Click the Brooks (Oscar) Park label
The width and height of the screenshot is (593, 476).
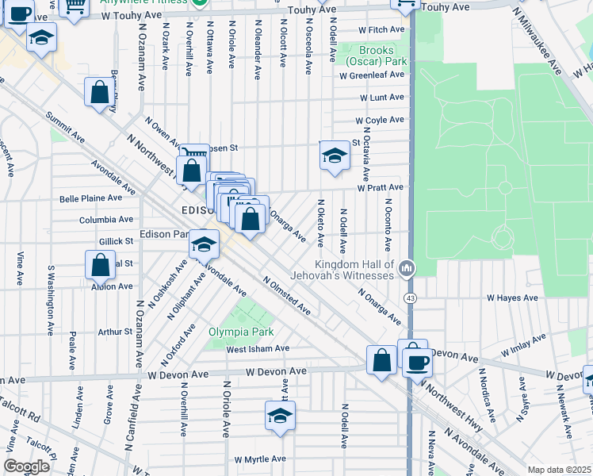click(374, 55)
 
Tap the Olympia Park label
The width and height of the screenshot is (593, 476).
click(241, 332)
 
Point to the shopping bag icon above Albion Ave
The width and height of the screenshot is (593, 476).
click(101, 267)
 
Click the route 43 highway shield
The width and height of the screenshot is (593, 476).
click(409, 297)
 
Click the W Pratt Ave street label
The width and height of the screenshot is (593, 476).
click(380, 187)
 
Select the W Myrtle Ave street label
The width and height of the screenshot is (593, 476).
click(260, 459)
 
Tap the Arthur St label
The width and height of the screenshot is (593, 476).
click(115, 332)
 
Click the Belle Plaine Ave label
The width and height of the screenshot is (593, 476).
click(92, 198)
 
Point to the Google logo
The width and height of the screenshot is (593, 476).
click(26, 466)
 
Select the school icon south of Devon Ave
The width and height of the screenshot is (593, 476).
click(280, 415)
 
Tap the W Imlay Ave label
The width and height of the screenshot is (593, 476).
click(523, 345)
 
